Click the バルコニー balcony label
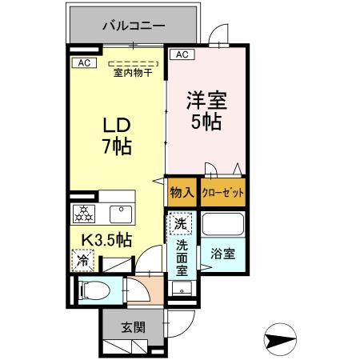tap(133, 26)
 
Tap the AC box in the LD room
tap(84, 62)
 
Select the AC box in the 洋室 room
tap(181, 54)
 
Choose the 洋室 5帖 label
tap(206, 113)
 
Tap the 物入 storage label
tap(182, 192)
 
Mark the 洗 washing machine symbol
tap(181, 221)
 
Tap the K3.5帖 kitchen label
tap(105, 238)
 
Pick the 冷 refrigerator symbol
tap(82, 259)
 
